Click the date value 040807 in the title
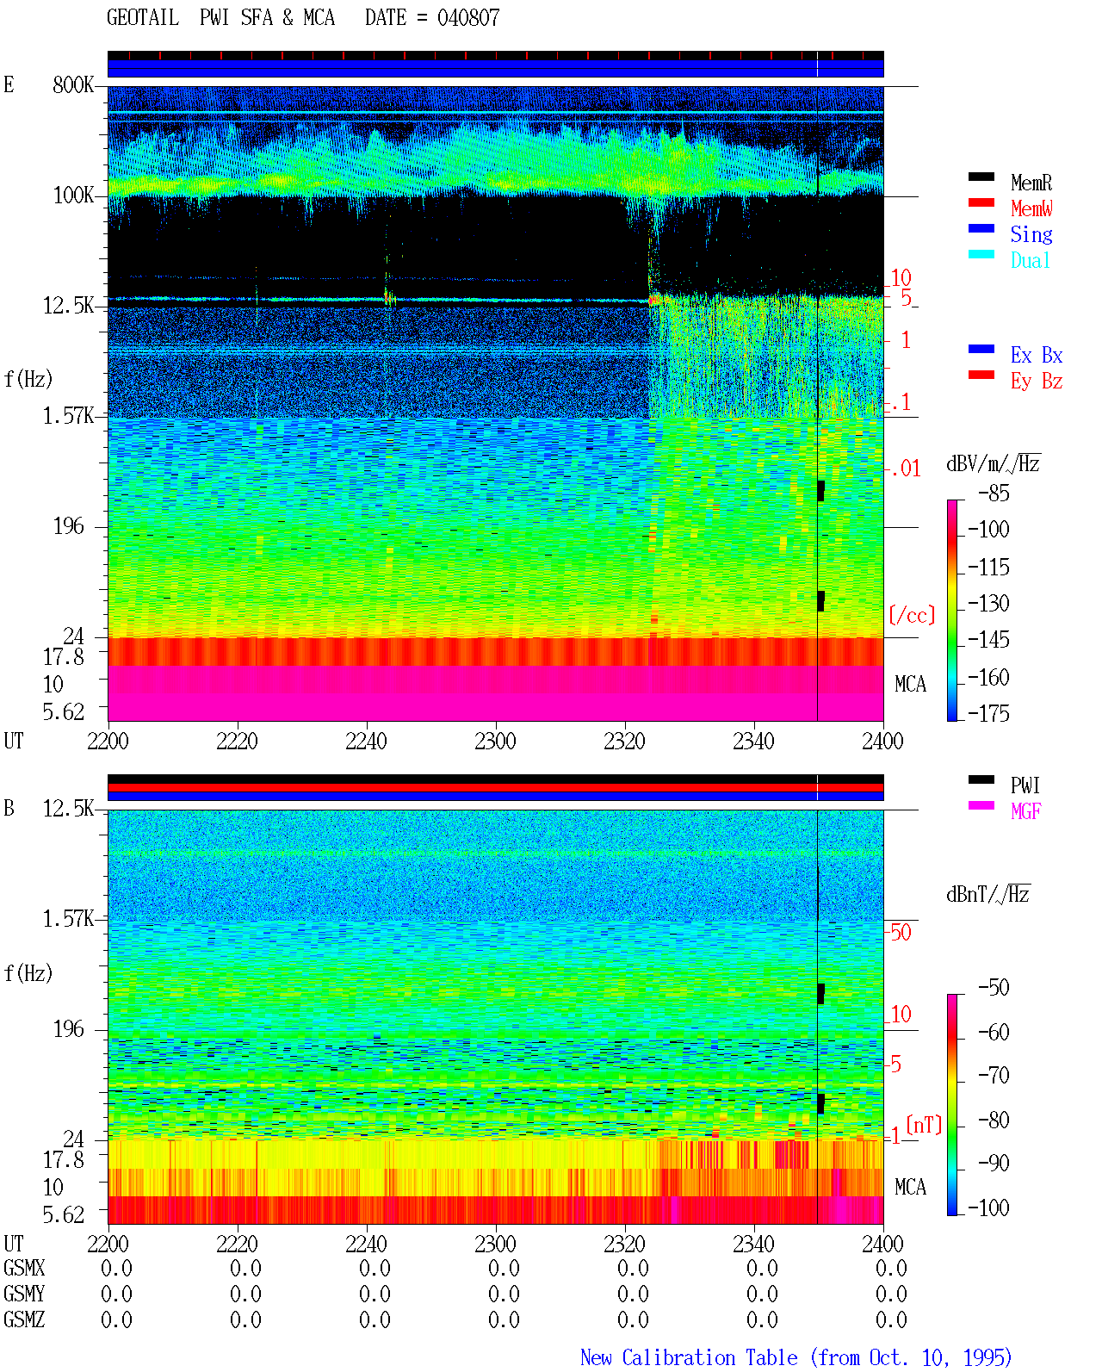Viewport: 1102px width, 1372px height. click(467, 18)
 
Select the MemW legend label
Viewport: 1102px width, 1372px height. click(1031, 208)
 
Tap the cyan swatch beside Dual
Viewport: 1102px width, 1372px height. click(981, 254)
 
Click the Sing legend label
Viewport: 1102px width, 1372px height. click(1031, 234)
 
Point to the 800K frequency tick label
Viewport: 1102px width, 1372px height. click(73, 84)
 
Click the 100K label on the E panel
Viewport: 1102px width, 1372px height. click(73, 196)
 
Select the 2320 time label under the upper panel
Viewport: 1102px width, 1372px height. click(624, 741)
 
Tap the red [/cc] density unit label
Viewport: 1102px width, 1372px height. click(912, 615)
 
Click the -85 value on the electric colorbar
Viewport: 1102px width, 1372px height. click(994, 493)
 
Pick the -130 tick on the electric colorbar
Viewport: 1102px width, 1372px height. click(988, 603)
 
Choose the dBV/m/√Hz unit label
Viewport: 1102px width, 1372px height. click(993, 463)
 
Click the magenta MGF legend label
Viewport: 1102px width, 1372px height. click(1025, 811)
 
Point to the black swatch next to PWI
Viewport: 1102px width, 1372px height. click(981, 779)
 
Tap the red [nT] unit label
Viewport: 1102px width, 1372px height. click(924, 1124)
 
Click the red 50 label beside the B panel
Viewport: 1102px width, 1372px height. click(901, 932)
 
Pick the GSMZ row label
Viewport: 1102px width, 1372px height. click(24, 1319)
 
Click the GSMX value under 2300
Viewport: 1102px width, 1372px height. click(504, 1268)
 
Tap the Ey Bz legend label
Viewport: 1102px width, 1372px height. click(1037, 381)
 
